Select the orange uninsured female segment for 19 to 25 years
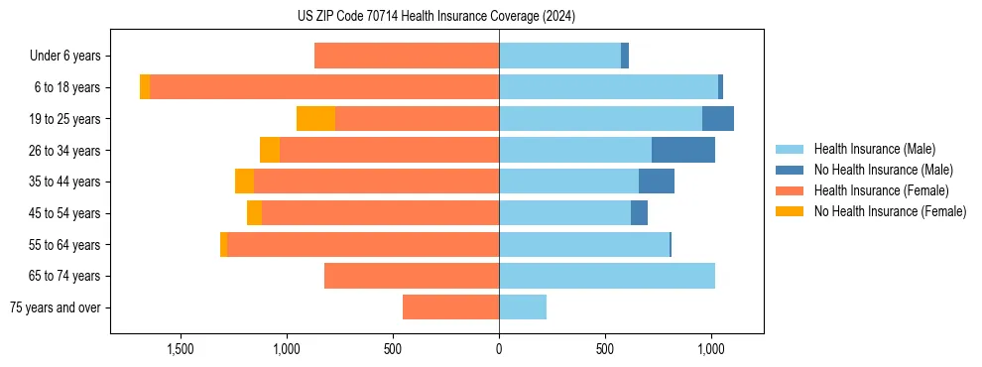pos(315,119)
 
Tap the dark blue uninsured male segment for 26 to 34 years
pos(682,150)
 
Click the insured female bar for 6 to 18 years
pos(324,87)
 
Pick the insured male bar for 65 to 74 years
pos(607,276)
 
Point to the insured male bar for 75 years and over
pos(523,307)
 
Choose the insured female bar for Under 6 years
pos(407,56)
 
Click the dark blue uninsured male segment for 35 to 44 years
pos(657,182)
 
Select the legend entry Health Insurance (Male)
pos(874,149)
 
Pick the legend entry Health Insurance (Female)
pos(881,190)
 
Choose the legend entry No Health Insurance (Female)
pos(890,211)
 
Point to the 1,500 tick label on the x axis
pos(180,350)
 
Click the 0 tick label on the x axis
pos(499,350)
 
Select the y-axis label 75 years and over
pos(55,307)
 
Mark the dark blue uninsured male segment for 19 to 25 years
pos(718,119)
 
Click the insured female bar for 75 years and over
pos(450,307)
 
